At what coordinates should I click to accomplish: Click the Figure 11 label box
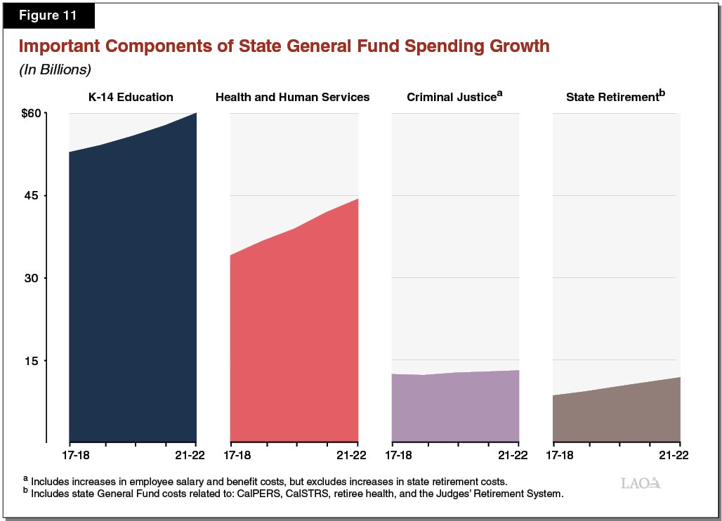click(48, 14)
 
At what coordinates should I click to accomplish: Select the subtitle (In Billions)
click(55, 70)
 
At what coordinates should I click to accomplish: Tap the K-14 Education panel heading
click(130, 97)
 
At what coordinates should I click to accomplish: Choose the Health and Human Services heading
click(292, 97)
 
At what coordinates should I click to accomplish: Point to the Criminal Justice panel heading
click(452, 97)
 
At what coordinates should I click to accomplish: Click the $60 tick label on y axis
click(33, 113)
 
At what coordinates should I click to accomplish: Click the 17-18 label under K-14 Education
click(77, 455)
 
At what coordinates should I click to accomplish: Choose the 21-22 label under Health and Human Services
click(351, 455)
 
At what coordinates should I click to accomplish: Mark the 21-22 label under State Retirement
click(673, 455)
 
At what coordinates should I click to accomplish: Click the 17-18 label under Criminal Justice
click(399, 455)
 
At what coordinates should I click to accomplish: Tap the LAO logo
click(641, 482)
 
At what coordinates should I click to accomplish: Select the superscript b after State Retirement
click(662, 92)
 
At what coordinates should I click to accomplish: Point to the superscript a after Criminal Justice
click(500, 92)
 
